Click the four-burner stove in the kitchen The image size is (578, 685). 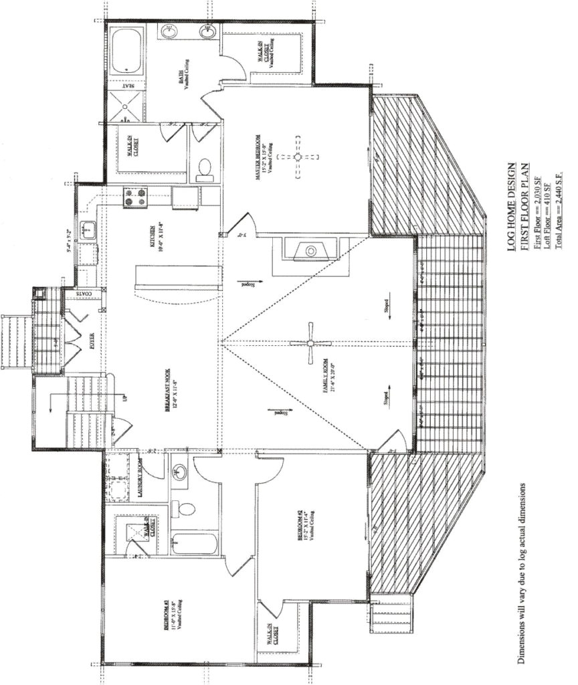(134, 198)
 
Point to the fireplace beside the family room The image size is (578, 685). (309, 252)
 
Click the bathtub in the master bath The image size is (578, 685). (125, 52)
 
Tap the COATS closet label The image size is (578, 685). (83, 293)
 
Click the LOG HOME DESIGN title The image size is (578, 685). (512, 207)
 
